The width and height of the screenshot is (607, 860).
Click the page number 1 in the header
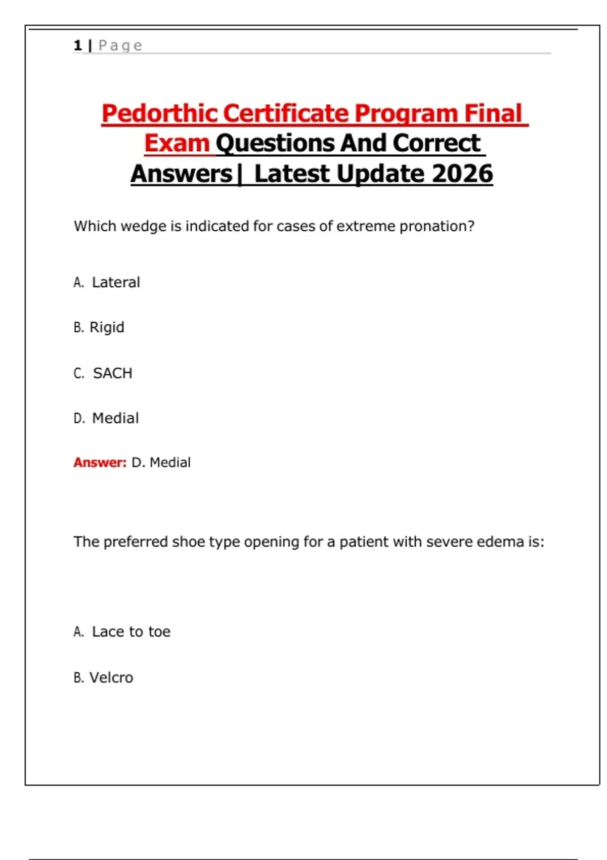77,46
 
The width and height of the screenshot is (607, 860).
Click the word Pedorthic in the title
160,113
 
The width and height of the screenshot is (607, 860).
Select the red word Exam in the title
177,143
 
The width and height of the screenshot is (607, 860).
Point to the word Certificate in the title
285,113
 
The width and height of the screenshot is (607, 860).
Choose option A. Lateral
107,282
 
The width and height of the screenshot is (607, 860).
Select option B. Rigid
99,327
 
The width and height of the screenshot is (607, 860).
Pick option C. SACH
103,373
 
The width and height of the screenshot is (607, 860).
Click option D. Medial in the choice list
106,418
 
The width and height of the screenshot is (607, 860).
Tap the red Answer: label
100,462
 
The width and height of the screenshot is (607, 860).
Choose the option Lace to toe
122,632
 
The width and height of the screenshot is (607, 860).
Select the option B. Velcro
104,677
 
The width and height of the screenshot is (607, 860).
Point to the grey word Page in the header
120,46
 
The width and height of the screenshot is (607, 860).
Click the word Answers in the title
181,174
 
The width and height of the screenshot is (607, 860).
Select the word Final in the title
493,113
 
